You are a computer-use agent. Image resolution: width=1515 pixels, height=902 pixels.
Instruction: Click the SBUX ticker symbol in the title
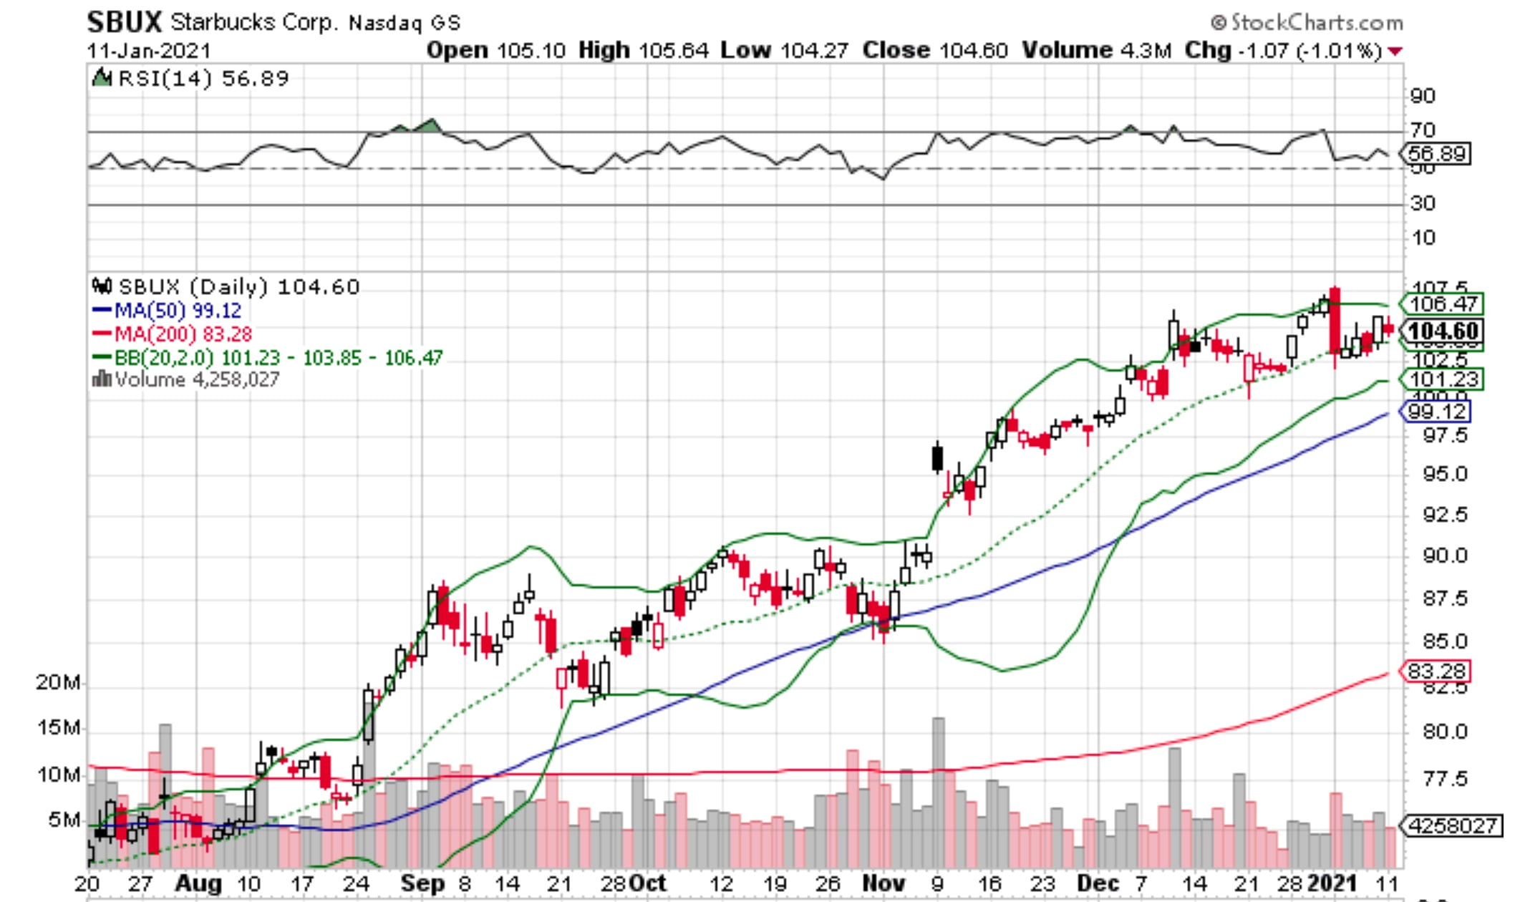click(125, 22)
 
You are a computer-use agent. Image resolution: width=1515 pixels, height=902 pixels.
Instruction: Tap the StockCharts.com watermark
click(1307, 23)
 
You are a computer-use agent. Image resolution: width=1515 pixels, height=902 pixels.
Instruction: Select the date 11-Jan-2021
click(149, 52)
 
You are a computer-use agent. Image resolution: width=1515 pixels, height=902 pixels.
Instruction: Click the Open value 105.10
click(531, 51)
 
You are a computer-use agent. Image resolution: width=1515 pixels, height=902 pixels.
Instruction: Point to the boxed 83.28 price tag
click(1436, 671)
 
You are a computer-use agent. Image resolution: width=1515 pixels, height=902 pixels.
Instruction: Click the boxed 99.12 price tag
click(1436, 412)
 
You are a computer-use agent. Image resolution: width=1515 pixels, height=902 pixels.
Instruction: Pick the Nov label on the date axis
click(883, 883)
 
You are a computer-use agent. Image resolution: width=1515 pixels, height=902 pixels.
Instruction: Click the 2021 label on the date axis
click(1333, 883)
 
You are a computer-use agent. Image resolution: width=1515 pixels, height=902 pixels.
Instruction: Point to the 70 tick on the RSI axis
click(1423, 130)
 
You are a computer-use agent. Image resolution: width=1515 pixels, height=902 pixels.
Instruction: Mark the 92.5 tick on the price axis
click(1444, 515)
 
